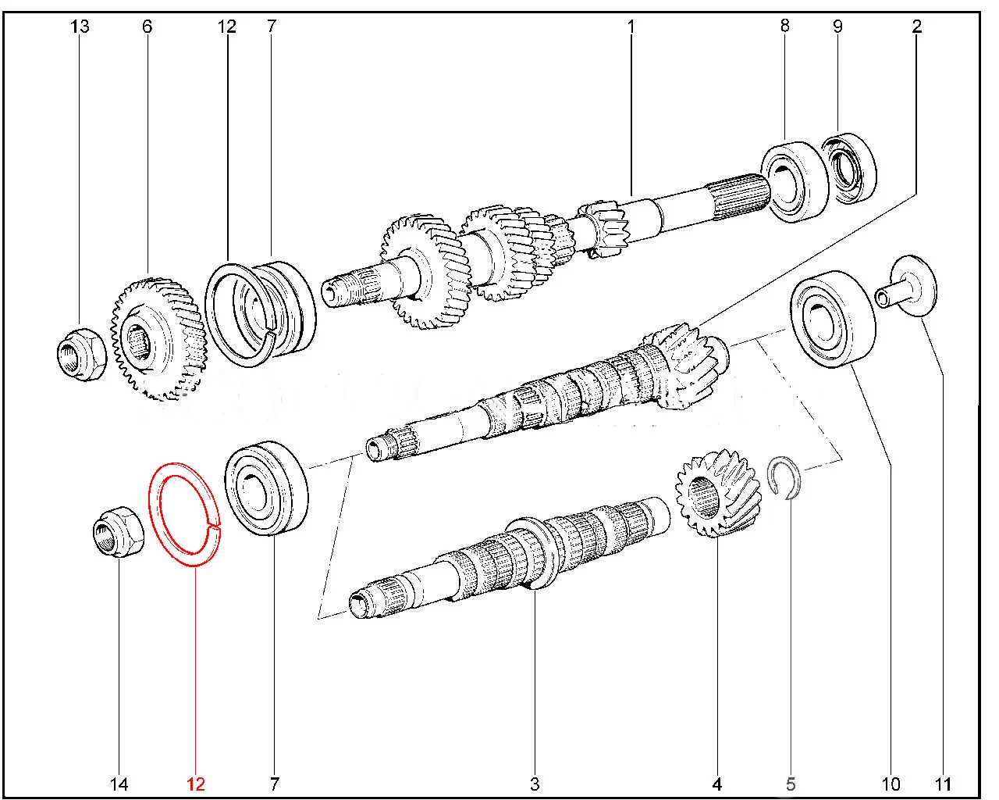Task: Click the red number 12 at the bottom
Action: [x=195, y=784]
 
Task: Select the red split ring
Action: [x=154, y=512]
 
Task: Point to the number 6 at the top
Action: [x=148, y=26]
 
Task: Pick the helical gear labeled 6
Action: [x=158, y=339]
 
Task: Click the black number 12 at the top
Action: [x=227, y=26]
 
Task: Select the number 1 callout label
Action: [x=631, y=26]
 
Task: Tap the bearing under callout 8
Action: [x=795, y=182]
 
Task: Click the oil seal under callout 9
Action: [x=849, y=168]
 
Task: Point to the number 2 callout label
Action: [x=916, y=26]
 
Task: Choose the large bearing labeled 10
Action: [x=833, y=320]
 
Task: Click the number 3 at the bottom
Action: [x=535, y=784]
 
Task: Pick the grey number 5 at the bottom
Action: [x=791, y=784]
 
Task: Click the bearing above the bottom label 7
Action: [x=266, y=488]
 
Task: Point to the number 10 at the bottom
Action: [x=891, y=784]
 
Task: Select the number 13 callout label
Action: [x=80, y=26]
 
